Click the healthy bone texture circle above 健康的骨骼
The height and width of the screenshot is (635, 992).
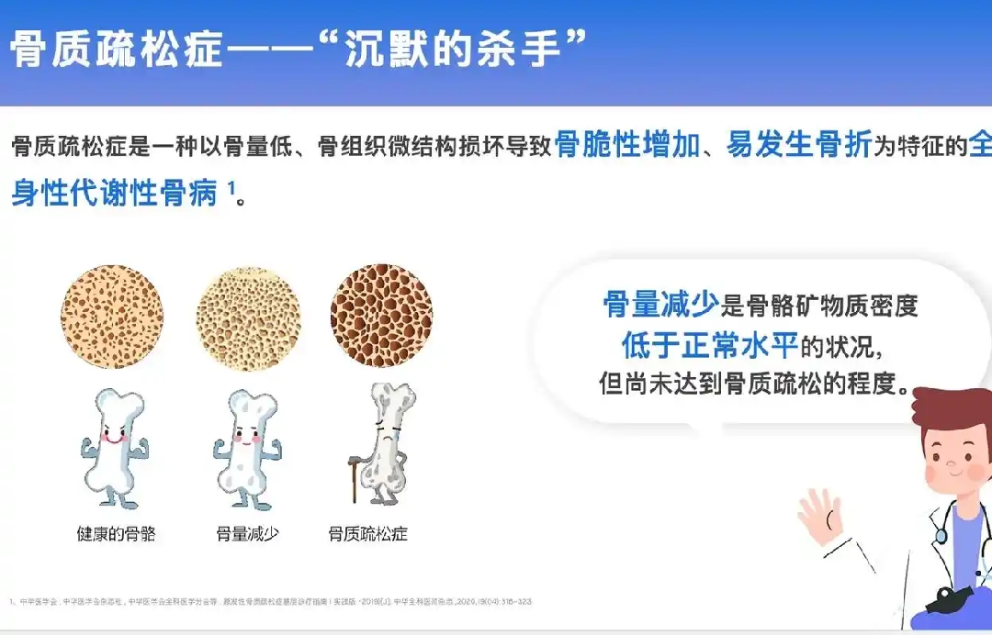tap(112, 317)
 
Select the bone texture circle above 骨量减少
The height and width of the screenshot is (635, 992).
tap(248, 317)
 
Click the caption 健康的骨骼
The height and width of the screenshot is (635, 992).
tap(116, 533)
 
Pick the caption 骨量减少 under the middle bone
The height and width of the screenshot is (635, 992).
tap(247, 533)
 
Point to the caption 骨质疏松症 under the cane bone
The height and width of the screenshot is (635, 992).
tap(367, 533)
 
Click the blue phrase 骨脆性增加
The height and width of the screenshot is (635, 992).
tap(627, 145)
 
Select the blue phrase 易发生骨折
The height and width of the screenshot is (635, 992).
tap(798, 145)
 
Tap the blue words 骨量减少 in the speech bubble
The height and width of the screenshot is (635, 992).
tap(661, 305)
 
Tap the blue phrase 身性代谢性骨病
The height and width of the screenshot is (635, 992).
tap(114, 195)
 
